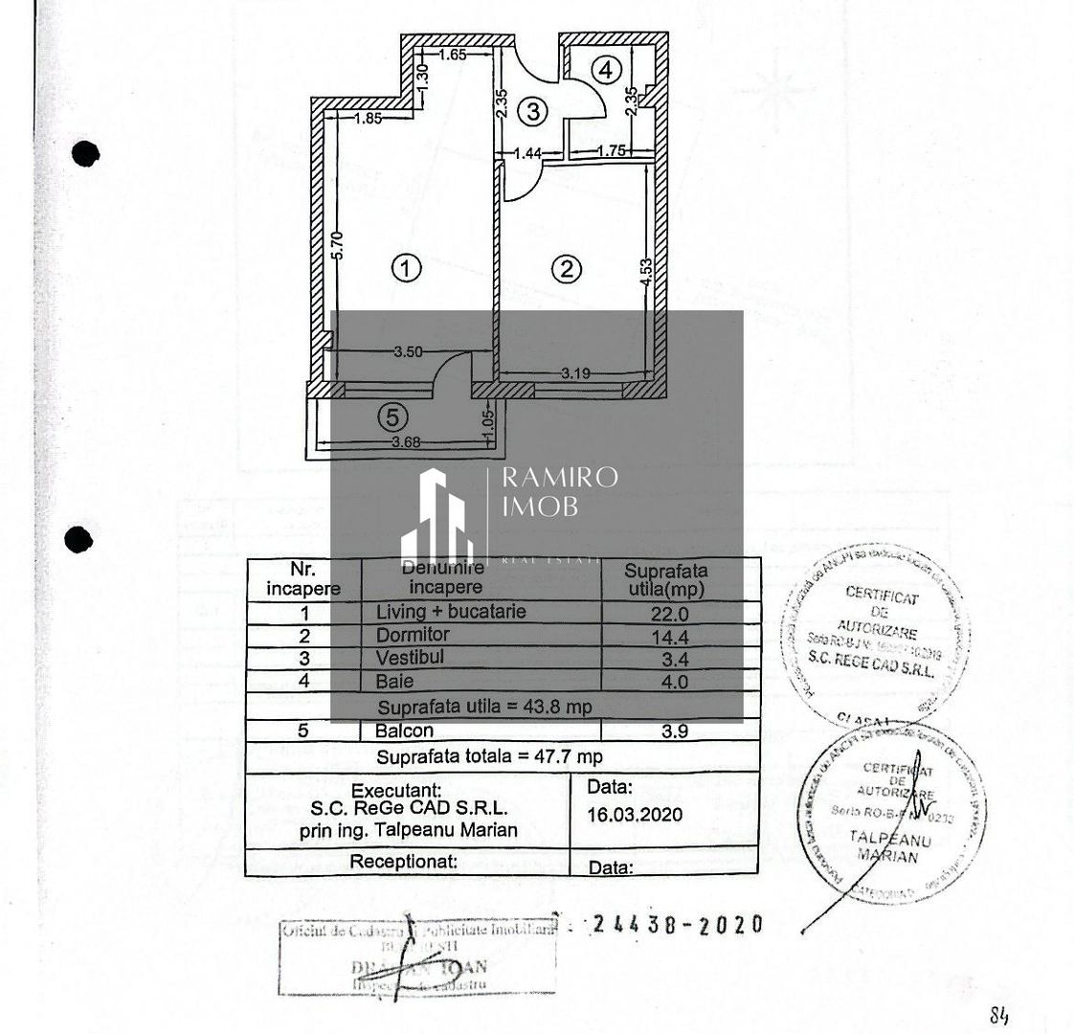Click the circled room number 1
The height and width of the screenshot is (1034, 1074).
click(407, 269)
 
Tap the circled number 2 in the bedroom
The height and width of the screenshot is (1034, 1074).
click(567, 269)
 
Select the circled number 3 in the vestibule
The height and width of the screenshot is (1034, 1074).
click(534, 111)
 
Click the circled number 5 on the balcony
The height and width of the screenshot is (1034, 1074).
click(392, 416)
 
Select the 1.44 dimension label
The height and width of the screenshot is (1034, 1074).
click(528, 151)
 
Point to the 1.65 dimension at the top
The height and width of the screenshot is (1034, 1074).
click(452, 56)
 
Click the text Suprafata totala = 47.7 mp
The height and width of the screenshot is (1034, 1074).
click(489, 756)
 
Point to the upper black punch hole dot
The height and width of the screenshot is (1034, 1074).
click(86, 153)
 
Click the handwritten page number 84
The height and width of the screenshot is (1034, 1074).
click(999, 1016)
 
